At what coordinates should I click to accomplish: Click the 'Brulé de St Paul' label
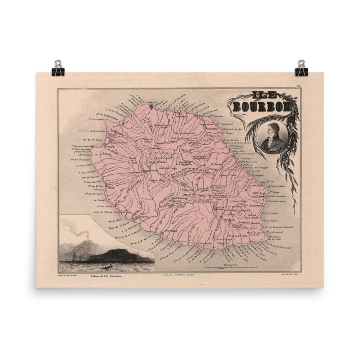pos(133,161)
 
